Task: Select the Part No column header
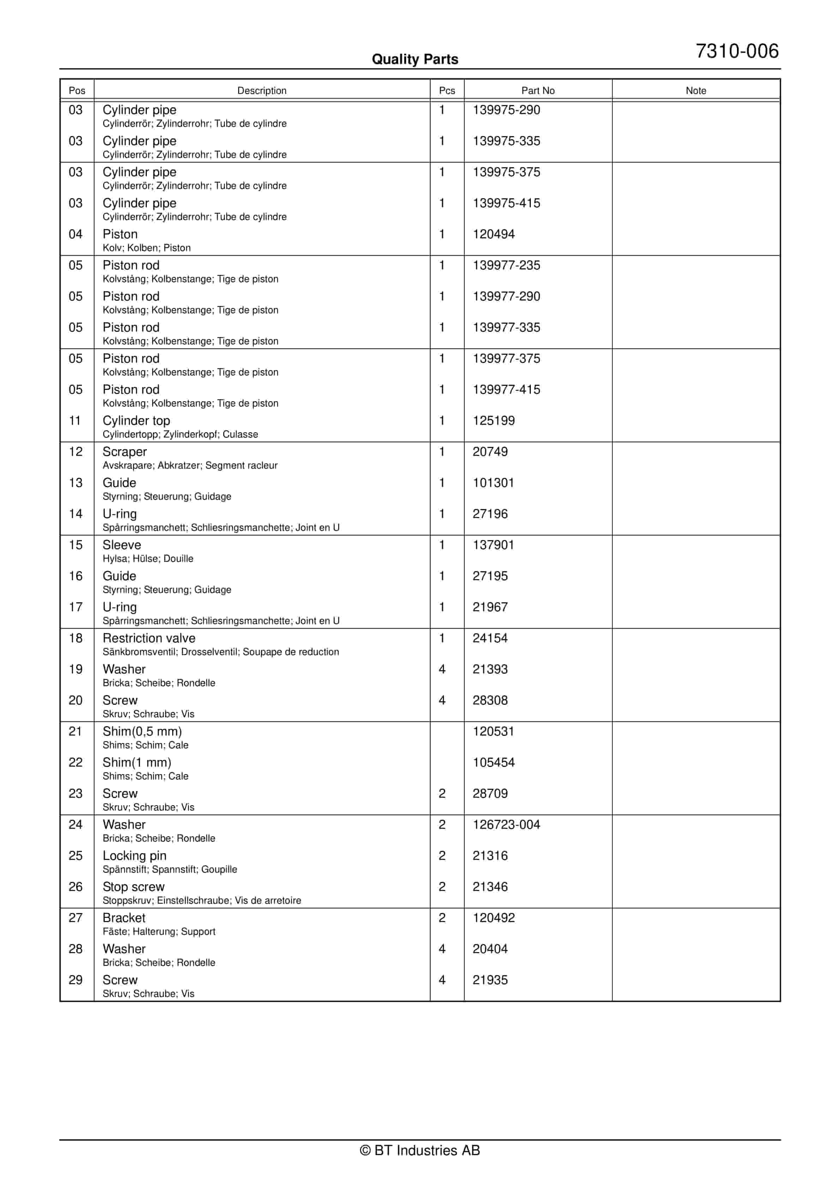[538, 90]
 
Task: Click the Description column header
[262, 90]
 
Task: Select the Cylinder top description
[136, 421]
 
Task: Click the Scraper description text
[125, 452]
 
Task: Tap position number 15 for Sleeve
[76, 545]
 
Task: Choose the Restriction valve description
[149, 638]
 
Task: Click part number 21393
[490, 669]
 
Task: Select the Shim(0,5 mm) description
[142, 731]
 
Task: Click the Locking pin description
[134, 855]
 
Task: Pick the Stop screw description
[133, 886]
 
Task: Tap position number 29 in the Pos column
[76, 980]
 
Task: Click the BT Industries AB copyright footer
[420, 1150]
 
